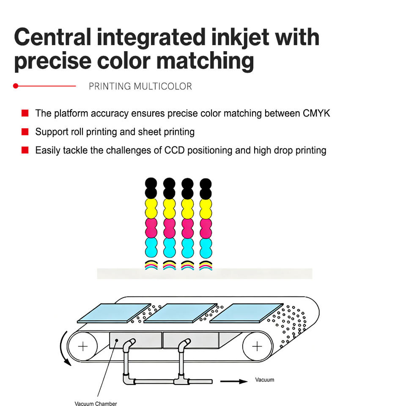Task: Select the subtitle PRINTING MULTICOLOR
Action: [x=140, y=86]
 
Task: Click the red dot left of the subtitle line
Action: [x=16, y=86]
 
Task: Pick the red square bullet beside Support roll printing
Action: [x=25, y=132]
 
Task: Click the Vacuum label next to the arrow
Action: [x=265, y=380]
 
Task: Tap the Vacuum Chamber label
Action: [x=96, y=403]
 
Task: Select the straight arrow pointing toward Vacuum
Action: [x=234, y=381]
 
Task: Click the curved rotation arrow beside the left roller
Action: [x=62, y=348]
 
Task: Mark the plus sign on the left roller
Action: [x=83, y=346]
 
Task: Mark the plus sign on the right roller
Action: [x=257, y=346]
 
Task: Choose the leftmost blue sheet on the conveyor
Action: [x=114, y=313]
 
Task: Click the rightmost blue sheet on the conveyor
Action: [x=247, y=313]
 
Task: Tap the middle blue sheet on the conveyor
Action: [x=181, y=313]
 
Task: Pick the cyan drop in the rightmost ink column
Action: [x=206, y=248]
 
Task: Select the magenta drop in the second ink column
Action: [x=169, y=228]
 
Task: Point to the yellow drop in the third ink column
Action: [x=187, y=208]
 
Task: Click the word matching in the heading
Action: [x=205, y=61]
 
